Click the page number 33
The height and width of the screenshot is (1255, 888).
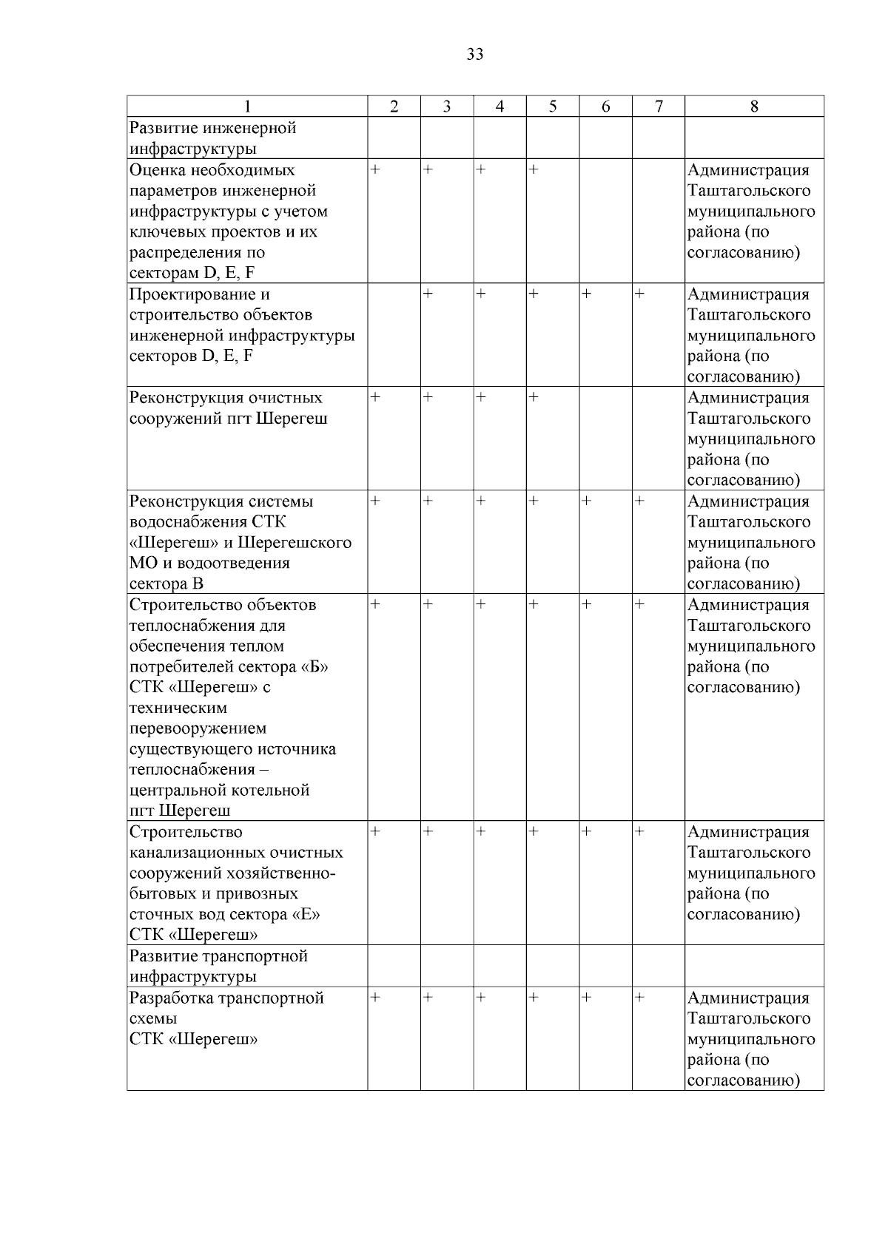[x=475, y=55]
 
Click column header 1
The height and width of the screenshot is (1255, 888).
[x=247, y=106]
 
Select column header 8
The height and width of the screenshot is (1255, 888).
[x=754, y=106]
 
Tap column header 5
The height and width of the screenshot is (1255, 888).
[x=553, y=106]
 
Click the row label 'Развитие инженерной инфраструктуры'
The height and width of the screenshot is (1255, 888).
[x=213, y=138]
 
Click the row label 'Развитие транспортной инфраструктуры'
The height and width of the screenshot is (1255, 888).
[x=218, y=966]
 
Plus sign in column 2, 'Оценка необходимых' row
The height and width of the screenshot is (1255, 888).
[x=375, y=170]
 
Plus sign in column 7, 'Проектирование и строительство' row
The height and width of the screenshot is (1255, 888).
[x=639, y=294]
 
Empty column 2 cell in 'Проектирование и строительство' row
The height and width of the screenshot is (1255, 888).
[x=394, y=334]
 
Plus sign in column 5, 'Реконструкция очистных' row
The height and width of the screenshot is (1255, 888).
[x=534, y=398]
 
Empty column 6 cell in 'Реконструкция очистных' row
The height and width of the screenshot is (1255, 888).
[x=605, y=438]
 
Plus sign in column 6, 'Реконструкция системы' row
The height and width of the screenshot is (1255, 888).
[x=586, y=501]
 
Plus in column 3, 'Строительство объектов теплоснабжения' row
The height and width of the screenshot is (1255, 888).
[x=428, y=605]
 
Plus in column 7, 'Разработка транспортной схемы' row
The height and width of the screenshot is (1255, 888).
[x=639, y=998]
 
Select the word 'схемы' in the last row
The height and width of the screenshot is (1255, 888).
[x=153, y=1019]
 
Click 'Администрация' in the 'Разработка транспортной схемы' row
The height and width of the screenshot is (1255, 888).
[x=748, y=998]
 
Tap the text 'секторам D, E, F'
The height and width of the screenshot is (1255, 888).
[x=192, y=273]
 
